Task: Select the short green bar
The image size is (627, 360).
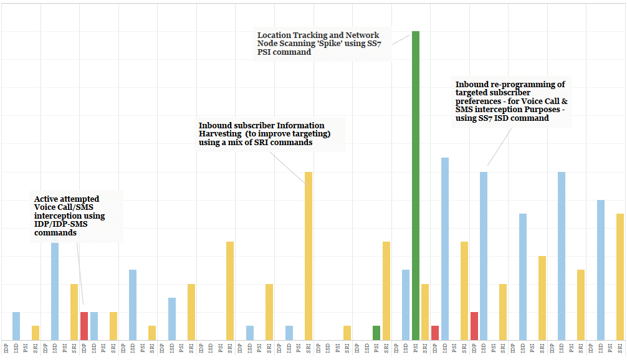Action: (376, 333)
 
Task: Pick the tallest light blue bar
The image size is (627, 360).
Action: (445, 249)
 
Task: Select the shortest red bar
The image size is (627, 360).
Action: (435, 333)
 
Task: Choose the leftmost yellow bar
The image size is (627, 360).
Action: (36, 333)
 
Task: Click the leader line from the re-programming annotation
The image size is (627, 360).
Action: (499, 147)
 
